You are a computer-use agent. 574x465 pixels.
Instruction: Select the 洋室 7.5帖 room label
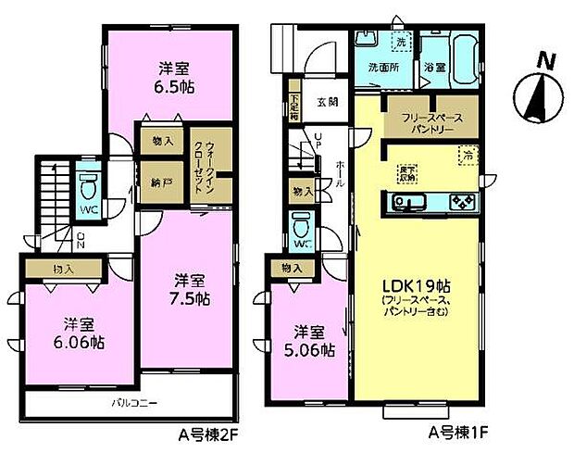(189, 289)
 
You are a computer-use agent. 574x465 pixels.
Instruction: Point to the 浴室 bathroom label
(434, 68)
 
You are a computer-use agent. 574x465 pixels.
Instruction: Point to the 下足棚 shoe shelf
(293, 102)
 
